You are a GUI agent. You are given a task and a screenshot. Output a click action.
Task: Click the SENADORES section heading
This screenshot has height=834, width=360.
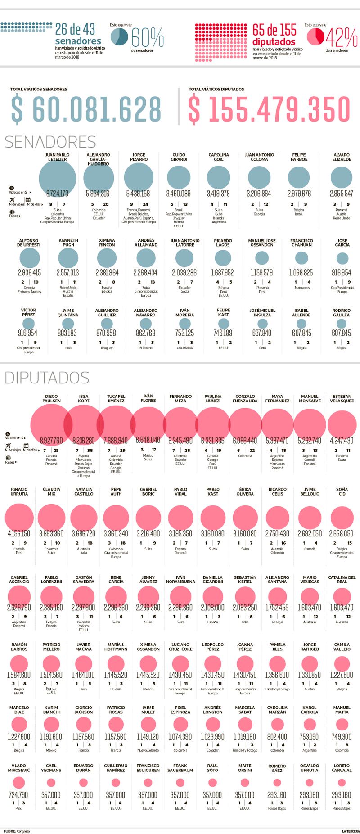pyautogui.click(x=50, y=142)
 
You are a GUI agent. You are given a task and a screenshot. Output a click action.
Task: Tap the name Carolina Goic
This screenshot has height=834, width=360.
pyautogui.click(x=219, y=157)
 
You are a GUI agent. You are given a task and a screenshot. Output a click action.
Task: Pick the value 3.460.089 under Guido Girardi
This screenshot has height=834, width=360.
pyautogui.click(x=179, y=194)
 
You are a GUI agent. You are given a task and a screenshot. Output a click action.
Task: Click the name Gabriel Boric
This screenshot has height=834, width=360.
pyautogui.click(x=148, y=491)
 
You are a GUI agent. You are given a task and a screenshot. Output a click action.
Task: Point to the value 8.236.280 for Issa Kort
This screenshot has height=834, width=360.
pyautogui.click(x=84, y=441)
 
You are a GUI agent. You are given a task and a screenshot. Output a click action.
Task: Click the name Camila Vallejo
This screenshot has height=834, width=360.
pyautogui.click(x=342, y=647)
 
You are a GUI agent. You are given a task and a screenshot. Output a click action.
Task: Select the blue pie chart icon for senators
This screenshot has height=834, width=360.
pyautogui.click(x=120, y=36)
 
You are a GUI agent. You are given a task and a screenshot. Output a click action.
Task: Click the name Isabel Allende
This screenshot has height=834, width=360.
pyautogui.click(x=301, y=312)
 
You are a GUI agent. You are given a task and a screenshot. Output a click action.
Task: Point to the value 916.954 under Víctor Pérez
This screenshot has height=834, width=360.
pyautogui.click(x=27, y=334)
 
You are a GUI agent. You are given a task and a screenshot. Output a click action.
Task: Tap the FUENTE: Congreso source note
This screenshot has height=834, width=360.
pyautogui.click(x=17, y=831)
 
